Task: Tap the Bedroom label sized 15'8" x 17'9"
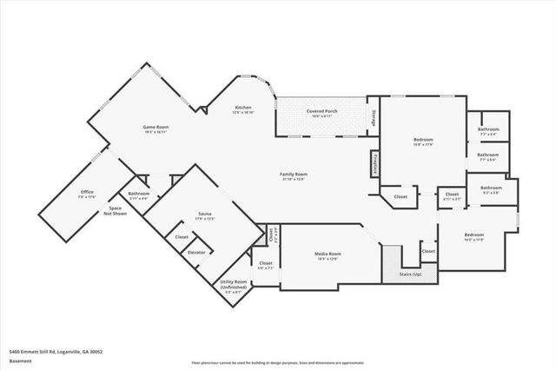tap(423, 142)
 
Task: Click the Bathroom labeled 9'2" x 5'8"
tap(492, 189)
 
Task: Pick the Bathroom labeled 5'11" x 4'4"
tap(138, 195)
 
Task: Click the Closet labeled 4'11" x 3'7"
tap(452, 197)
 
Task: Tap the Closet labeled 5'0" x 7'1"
tap(266, 265)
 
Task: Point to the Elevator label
tap(196, 252)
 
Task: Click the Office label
tap(87, 194)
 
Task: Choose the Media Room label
tap(328, 255)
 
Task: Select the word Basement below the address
tap(22, 360)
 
